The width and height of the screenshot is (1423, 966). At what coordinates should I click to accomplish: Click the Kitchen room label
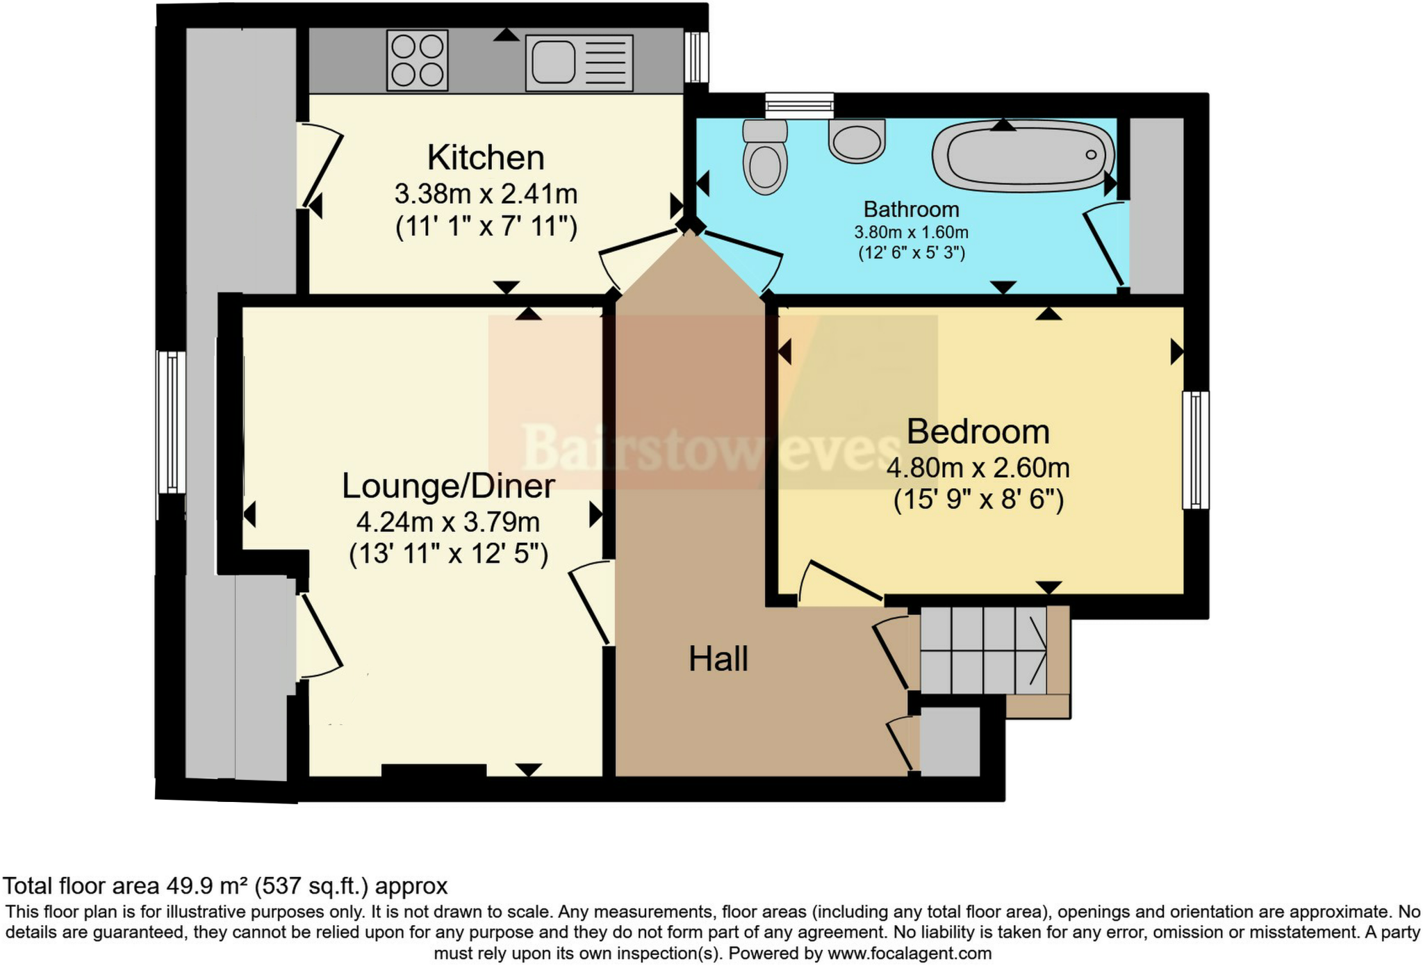point(485,158)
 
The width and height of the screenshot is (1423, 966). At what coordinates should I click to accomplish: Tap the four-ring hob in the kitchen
point(417,60)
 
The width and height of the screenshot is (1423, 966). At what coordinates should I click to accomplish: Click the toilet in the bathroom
point(764,158)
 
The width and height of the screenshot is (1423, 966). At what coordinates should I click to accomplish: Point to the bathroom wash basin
point(857,141)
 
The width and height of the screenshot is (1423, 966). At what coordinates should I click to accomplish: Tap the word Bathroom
point(911,209)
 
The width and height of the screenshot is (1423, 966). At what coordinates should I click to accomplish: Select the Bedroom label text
point(978,432)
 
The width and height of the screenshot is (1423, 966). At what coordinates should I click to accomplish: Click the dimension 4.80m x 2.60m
point(978,468)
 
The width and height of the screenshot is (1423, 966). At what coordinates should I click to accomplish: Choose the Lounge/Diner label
point(448,486)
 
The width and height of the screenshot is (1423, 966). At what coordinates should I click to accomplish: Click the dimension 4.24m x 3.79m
point(448,522)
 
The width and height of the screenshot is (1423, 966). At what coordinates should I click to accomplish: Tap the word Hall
point(718,659)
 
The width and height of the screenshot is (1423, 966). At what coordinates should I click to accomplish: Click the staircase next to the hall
point(983,650)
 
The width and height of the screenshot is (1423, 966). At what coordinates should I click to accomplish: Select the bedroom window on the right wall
point(1195,450)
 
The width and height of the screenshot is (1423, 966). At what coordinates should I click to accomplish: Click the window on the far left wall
point(171,422)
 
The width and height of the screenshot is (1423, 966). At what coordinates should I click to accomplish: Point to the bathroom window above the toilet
point(799,106)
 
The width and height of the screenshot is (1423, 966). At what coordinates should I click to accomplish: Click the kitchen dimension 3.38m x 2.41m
point(486,194)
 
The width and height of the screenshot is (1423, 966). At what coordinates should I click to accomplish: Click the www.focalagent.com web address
point(909,953)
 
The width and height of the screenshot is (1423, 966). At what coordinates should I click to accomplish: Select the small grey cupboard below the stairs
point(950,742)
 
